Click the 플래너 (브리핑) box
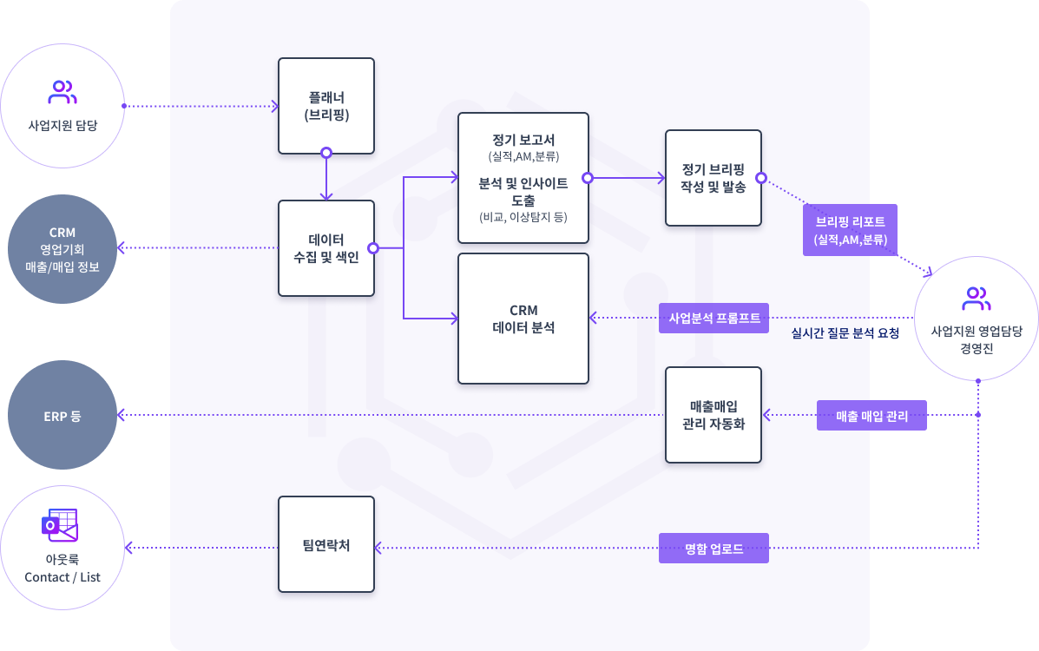tap(326, 105)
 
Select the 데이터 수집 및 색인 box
tap(326, 248)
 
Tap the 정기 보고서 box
tap(523, 178)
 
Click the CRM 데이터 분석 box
tap(523, 319)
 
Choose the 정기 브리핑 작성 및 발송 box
tap(713, 178)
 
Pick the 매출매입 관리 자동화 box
tap(713, 415)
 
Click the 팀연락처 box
tap(326, 544)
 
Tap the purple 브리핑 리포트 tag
tap(851, 230)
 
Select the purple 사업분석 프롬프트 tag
tap(714, 318)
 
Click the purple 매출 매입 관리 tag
tap(871, 416)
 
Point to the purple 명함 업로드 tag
tap(713, 548)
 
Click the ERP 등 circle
tap(62, 416)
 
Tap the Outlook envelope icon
tap(60, 526)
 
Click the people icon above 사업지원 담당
tap(62, 91)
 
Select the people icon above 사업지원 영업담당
tap(977, 299)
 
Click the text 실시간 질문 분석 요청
tap(845, 333)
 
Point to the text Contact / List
tap(62, 577)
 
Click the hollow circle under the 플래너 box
tap(326, 153)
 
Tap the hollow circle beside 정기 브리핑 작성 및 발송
tap(761, 178)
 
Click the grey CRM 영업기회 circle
tap(62, 249)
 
